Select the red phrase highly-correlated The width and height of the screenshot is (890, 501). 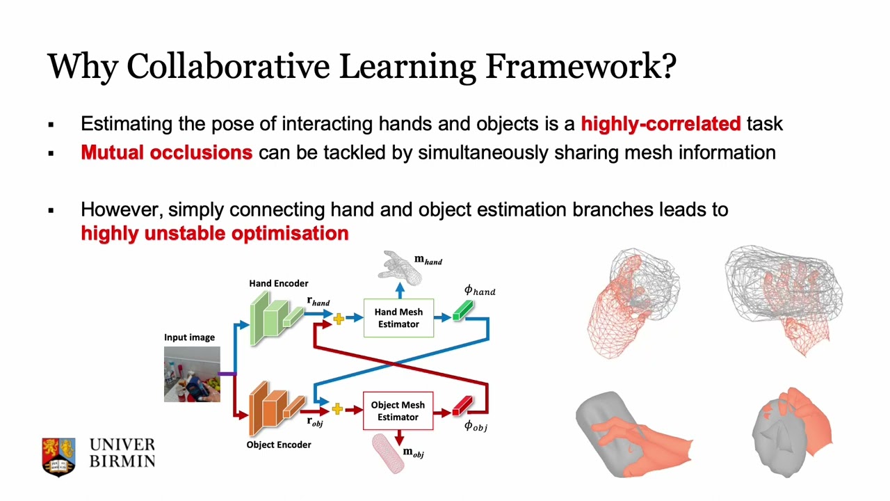pyautogui.click(x=661, y=125)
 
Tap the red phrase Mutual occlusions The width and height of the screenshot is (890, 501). pyautogui.click(x=166, y=152)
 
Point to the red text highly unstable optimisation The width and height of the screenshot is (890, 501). pyautogui.click(x=214, y=233)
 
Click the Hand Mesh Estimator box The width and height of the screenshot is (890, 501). pyautogui.click(x=398, y=318)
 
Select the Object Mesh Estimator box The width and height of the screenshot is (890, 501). pyautogui.click(x=398, y=411)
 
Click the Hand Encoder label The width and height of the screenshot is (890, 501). pyautogui.click(x=278, y=283)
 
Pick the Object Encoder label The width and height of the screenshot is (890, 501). pyautogui.click(x=278, y=445)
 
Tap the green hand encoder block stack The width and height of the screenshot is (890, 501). pyautogui.click(x=274, y=317)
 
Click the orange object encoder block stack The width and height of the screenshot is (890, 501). pyautogui.click(x=275, y=405)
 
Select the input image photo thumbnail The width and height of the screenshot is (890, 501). pyautogui.click(x=192, y=374)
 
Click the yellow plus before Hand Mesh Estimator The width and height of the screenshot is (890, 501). pyautogui.click(x=339, y=319)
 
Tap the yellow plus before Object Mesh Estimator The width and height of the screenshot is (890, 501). pyautogui.click(x=337, y=409)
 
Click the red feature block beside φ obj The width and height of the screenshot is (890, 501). pyautogui.click(x=462, y=405)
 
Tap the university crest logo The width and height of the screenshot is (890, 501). pyautogui.click(x=58, y=456)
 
